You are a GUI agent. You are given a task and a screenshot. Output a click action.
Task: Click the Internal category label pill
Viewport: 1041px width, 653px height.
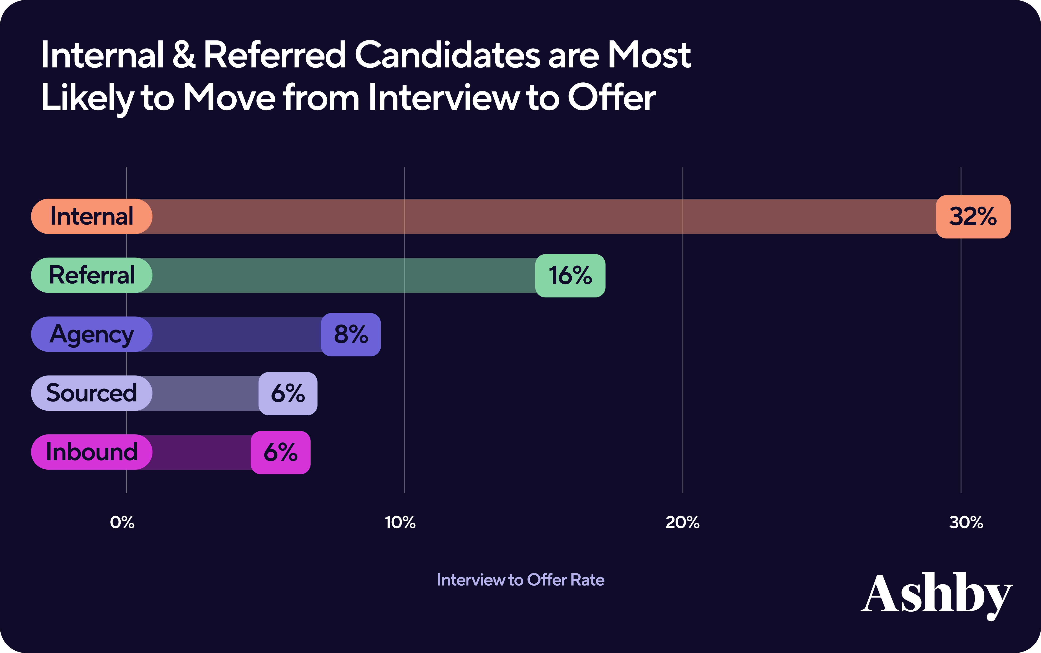pyautogui.click(x=92, y=216)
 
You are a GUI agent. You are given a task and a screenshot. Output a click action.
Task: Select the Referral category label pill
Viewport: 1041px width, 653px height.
pyautogui.click(x=92, y=275)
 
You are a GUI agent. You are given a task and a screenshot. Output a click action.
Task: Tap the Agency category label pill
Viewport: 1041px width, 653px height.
pyautogui.click(x=92, y=334)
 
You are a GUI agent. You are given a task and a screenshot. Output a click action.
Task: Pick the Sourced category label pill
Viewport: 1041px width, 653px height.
pyautogui.click(x=92, y=393)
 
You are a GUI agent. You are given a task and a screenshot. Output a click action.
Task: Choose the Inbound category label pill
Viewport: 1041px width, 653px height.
pyautogui.click(x=92, y=452)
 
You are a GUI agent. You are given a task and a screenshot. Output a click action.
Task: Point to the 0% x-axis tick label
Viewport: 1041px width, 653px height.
pyautogui.click(x=122, y=522)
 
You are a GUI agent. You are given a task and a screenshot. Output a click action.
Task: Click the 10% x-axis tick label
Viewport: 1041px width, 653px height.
pyautogui.click(x=400, y=522)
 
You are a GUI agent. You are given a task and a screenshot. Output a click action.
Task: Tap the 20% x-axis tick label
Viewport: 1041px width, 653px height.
pyautogui.click(x=683, y=522)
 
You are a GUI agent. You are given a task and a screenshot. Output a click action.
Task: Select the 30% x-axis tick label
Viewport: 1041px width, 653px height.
pyautogui.click(x=966, y=522)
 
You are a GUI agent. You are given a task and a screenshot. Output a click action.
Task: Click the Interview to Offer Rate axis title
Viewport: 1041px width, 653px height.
pyautogui.click(x=520, y=580)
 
